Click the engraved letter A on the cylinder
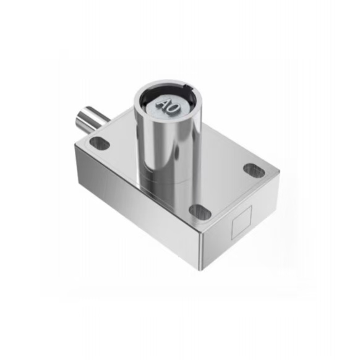point(163,104)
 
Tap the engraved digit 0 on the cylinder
point(173,108)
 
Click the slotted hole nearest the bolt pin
point(100,143)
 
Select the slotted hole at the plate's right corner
point(254,170)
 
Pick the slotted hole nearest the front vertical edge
point(200,212)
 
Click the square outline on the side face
point(241,222)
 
